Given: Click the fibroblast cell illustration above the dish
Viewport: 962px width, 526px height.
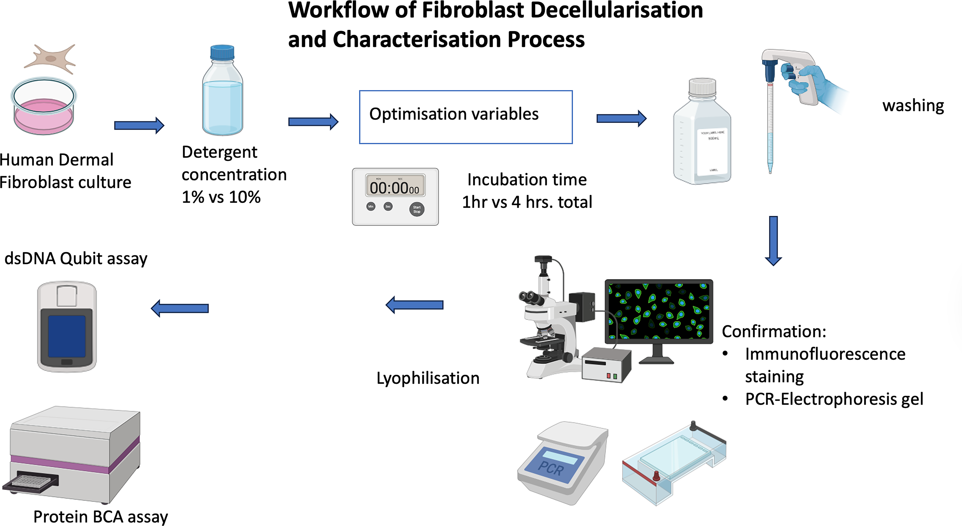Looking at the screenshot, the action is pos(50,59).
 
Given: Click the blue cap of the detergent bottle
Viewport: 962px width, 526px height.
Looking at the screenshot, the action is pos(222,53).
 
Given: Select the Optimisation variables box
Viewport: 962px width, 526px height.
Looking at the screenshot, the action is pos(466,117).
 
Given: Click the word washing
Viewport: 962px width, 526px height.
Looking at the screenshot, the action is pos(913,106).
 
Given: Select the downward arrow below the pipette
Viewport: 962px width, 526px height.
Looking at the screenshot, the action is pos(773,241).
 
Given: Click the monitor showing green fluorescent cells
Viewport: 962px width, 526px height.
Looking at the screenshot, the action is pos(659,311).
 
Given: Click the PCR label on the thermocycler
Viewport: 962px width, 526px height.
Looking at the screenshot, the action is pos(551,468).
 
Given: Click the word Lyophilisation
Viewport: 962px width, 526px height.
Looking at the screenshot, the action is pos(428,378).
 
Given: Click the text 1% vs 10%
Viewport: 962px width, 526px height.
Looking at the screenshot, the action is pos(221,197).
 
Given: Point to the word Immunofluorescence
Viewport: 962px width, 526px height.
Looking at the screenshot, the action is pos(825,354).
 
